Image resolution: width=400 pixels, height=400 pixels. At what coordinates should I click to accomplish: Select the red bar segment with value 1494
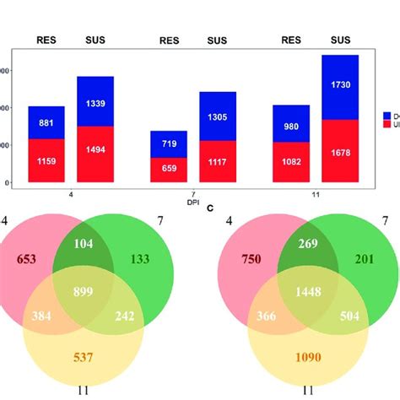click(x=95, y=154)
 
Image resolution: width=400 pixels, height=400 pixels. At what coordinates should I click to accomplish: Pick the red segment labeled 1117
click(x=217, y=161)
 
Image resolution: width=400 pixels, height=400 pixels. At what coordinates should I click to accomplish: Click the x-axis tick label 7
click(x=195, y=193)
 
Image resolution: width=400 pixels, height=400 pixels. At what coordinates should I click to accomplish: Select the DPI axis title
click(x=195, y=201)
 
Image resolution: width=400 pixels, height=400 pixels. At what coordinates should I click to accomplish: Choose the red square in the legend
click(x=387, y=123)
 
